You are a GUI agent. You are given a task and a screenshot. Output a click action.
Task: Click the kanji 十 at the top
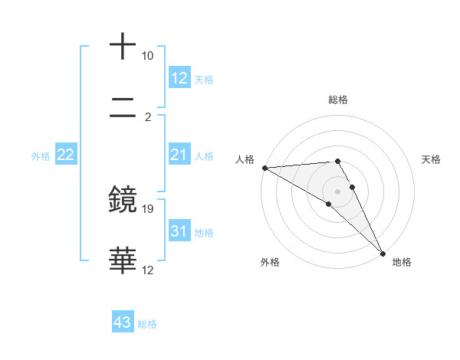(123, 47)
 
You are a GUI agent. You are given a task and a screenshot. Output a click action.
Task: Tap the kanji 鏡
(123, 201)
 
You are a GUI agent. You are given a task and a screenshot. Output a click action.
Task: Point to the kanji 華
(123, 261)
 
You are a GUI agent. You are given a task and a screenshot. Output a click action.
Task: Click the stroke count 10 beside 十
(147, 56)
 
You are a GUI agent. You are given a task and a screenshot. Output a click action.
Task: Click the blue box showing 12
(179, 77)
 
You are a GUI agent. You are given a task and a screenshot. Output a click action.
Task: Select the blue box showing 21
(179, 155)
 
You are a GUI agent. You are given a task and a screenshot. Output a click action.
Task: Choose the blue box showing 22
(66, 155)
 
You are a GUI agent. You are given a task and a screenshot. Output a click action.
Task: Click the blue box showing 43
(123, 322)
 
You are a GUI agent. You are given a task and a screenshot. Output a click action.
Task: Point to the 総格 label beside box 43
(147, 324)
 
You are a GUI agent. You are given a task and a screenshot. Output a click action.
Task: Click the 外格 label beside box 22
(41, 156)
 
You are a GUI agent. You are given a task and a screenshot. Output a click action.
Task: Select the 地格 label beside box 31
(204, 233)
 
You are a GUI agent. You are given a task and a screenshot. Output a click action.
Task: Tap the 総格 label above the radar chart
(338, 100)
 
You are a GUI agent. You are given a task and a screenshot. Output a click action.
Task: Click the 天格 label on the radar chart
(432, 159)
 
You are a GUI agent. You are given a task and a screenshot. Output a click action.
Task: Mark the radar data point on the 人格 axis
(264, 168)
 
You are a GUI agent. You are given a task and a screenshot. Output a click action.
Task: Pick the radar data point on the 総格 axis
(338, 161)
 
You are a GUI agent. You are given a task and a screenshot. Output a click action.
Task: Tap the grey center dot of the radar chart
(338, 191)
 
